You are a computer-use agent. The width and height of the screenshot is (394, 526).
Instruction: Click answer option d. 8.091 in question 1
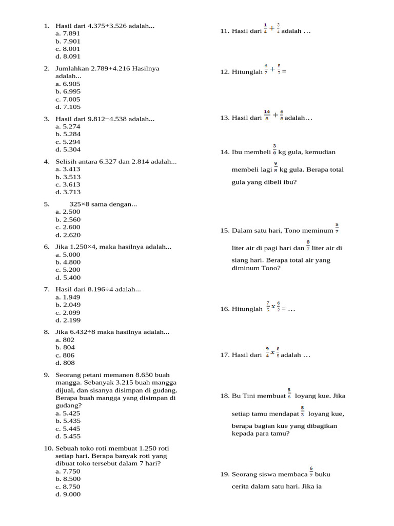[x=68, y=57]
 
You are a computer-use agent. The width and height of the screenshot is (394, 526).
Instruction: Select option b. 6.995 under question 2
[x=68, y=91]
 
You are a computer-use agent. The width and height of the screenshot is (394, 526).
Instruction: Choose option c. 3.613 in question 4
[x=68, y=184]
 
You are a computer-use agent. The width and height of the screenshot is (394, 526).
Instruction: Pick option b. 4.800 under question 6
[x=68, y=262]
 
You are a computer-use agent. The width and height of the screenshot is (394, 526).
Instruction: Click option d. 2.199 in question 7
[x=68, y=321]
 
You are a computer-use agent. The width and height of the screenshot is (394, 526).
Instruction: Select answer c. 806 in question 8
[x=65, y=355]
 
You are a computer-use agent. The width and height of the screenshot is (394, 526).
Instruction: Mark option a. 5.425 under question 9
[x=68, y=413]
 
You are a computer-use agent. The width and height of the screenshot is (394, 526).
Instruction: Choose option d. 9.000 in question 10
[x=68, y=494]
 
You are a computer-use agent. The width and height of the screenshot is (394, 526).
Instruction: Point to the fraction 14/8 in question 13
[x=267, y=116]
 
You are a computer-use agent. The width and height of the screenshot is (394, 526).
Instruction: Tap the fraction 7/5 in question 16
[x=268, y=307]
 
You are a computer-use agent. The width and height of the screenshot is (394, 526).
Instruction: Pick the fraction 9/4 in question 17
[x=268, y=352]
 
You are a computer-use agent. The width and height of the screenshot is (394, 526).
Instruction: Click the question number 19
[x=225, y=475]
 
